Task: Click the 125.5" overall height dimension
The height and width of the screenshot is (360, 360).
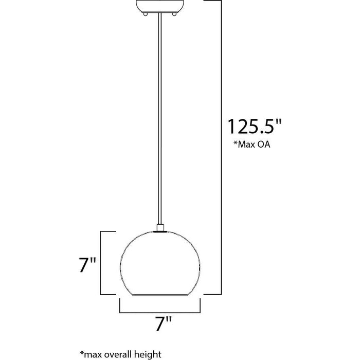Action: pos(255,127)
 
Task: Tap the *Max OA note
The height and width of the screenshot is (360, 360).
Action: pos(252,145)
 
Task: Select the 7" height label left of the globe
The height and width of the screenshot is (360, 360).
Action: pos(87,265)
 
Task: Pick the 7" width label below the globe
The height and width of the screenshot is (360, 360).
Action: pos(163,324)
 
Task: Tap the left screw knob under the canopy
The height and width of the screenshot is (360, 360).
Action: pos(146,14)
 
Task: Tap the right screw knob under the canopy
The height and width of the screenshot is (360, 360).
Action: pos(174,14)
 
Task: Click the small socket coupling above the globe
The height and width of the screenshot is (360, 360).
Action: pos(160,227)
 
